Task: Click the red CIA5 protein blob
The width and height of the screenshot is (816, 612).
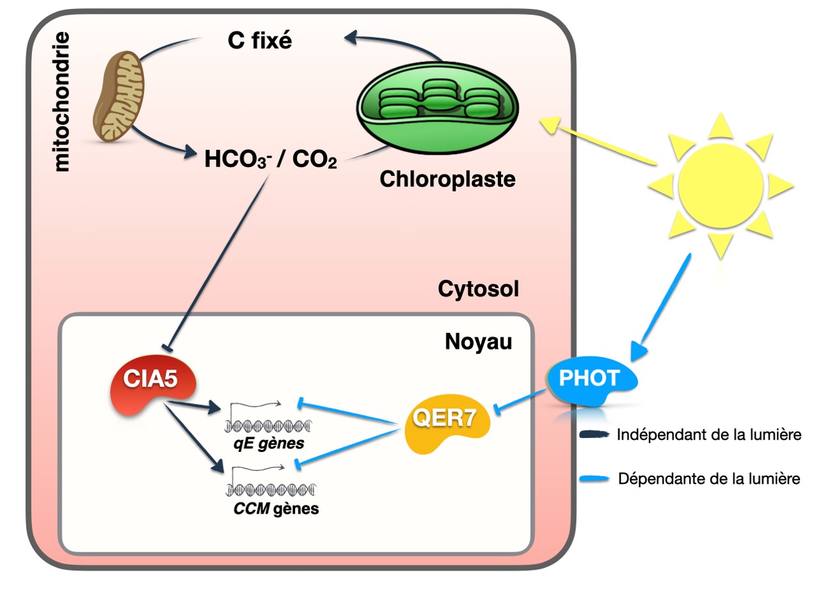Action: click(x=150, y=385)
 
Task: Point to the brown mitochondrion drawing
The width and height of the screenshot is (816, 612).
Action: click(x=118, y=96)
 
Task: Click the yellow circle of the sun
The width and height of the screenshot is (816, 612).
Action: click(x=721, y=186)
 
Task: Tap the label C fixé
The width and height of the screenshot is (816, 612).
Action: click(x=259, y=40)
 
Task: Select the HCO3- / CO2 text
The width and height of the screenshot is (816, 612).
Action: click(x=270, y=159)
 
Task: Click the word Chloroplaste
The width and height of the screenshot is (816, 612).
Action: click(x=447, y=179)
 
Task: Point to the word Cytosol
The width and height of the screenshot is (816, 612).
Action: click(x=478, y=289)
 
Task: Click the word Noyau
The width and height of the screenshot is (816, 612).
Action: click(x=478, y=342)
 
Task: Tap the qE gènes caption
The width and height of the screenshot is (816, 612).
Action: click(x=269, y=443)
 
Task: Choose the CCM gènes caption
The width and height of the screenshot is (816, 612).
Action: click(x=276, y=509)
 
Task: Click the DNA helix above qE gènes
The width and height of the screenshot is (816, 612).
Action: click(x=268, y=425)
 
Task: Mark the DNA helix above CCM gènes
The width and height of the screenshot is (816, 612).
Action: click(x=271, y=490)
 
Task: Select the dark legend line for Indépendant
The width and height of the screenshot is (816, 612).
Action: click(x=594, y=435)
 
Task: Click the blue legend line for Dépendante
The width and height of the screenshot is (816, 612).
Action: click(x=594, y=479)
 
